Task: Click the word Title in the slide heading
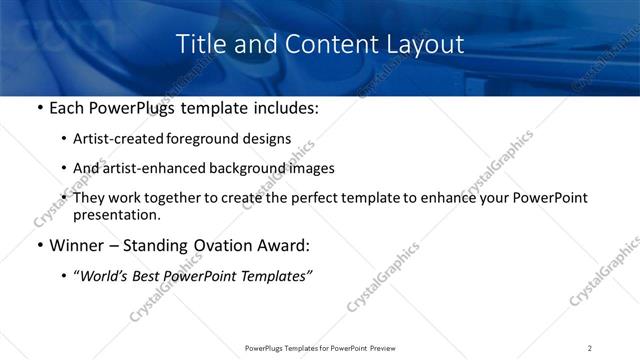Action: tap(198, 44)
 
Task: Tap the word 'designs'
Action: tap(270, 139)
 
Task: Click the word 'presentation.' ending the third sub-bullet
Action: tap(116, 215)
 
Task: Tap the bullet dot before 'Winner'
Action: tap(39, 246)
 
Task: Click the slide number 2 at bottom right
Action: tap(590, 348)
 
